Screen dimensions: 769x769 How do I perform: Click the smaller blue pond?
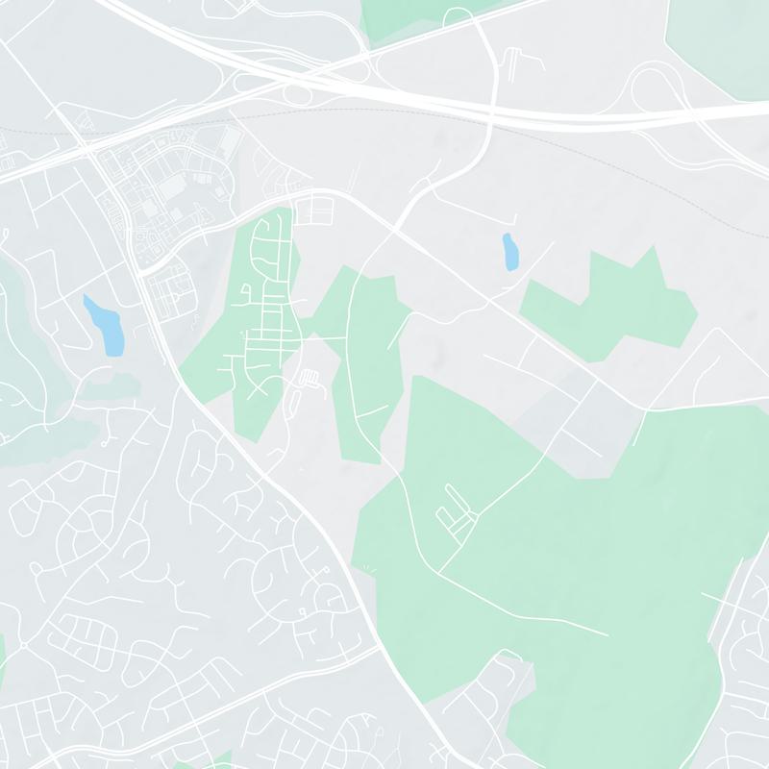coord(509,252)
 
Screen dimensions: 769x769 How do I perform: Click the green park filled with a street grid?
coord(255,317)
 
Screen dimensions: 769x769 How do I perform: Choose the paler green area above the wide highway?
coord(716,38)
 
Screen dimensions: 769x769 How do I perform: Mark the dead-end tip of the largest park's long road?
coord(607,634)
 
